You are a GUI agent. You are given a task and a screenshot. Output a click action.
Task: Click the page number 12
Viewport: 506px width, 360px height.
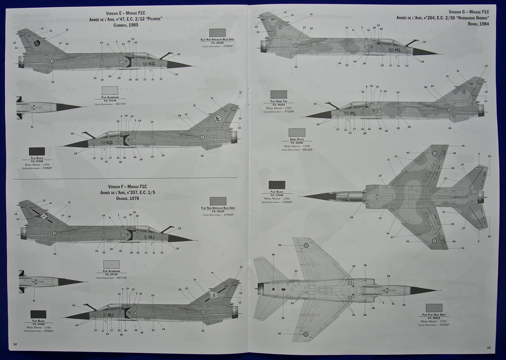15,344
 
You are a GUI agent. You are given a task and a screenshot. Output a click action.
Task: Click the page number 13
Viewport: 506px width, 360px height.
489,347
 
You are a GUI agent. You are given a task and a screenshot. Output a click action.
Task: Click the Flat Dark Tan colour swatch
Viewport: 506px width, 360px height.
279,94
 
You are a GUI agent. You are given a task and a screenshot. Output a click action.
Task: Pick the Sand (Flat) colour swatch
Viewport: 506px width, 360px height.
296,133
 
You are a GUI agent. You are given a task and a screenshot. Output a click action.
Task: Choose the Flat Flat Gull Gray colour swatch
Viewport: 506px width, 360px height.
434,308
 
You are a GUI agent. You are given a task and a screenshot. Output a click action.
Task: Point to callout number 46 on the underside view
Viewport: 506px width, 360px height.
273,255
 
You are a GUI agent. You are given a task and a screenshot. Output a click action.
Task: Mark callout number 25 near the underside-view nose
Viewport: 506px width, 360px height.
404,305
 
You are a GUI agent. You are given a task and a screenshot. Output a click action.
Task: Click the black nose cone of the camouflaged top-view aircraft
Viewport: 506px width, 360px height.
316,196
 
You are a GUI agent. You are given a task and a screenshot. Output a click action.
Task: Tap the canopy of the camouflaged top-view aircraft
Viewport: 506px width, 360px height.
350,195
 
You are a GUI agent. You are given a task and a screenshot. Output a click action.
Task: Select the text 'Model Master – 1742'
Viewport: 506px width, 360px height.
279,108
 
